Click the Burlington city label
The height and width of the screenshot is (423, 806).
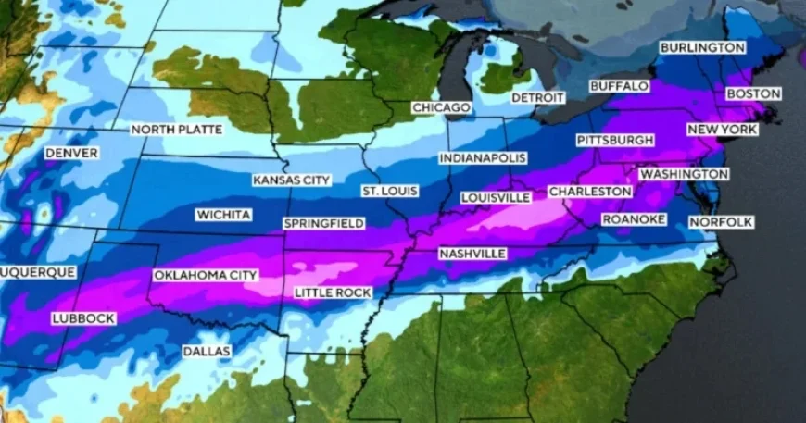(702, 47)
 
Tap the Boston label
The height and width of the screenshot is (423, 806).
(753, 93)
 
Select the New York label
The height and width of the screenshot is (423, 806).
(722, 130)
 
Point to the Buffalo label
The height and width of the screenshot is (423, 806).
(619, 86)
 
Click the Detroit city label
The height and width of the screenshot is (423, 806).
(537, 97)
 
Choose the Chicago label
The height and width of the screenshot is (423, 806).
(441, 108)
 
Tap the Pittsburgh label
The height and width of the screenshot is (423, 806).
(615, 140)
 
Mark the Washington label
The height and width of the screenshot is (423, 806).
(684, 174)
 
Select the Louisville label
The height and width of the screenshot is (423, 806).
(495, 197)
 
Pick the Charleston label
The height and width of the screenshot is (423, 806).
(590, 192)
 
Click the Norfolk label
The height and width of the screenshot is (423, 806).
(721, 222)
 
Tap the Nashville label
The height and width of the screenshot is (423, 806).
(472, 253)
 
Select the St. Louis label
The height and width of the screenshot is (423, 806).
(389, 191)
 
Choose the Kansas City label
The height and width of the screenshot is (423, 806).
(291, 180)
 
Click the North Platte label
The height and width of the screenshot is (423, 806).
(176, 130)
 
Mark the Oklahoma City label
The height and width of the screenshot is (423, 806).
(205, 275)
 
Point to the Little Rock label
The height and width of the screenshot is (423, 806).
(333, 292)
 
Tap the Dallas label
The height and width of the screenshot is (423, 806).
(207, 352)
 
